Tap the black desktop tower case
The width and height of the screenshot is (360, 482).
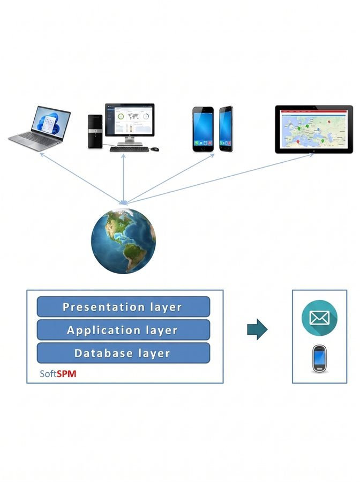95,132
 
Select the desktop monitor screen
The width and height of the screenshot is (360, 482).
130,120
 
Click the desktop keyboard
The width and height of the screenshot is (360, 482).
130,149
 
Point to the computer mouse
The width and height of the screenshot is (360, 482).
155,149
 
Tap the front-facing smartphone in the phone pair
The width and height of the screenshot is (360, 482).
203,129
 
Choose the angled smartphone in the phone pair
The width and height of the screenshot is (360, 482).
226,129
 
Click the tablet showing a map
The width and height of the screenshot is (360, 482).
314,129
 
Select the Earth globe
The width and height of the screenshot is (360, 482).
123,240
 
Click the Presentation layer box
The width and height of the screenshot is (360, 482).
123,306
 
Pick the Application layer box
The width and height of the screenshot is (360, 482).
123,330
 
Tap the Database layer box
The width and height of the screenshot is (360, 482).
123,353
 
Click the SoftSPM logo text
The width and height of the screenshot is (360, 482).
58,374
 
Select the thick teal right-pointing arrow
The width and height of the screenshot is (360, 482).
257,329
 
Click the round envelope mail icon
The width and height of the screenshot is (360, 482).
319,318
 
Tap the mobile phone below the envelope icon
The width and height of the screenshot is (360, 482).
319,359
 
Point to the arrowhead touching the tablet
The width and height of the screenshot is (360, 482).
311,155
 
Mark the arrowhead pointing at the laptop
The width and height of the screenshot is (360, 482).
42,155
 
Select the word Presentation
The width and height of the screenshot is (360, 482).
103,307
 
